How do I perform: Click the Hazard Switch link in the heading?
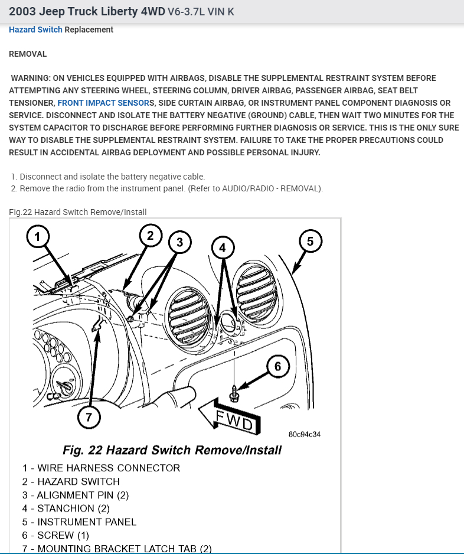coord(35,30)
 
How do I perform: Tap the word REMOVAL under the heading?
coord(28,54)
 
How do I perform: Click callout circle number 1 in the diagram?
coord(38,237)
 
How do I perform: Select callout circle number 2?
coord(151,236)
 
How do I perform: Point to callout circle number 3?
coord(180,241)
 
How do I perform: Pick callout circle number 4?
coord(223,247)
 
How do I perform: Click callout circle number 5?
coord(311,240)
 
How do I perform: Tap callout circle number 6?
coord(277,366)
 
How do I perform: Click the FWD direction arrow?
coord(227,417)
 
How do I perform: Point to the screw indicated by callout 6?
coord(233,393)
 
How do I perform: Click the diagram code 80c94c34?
coord(304,434)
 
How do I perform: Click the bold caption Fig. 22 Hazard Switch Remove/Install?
coord(172,451)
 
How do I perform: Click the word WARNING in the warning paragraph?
coord(32,78)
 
